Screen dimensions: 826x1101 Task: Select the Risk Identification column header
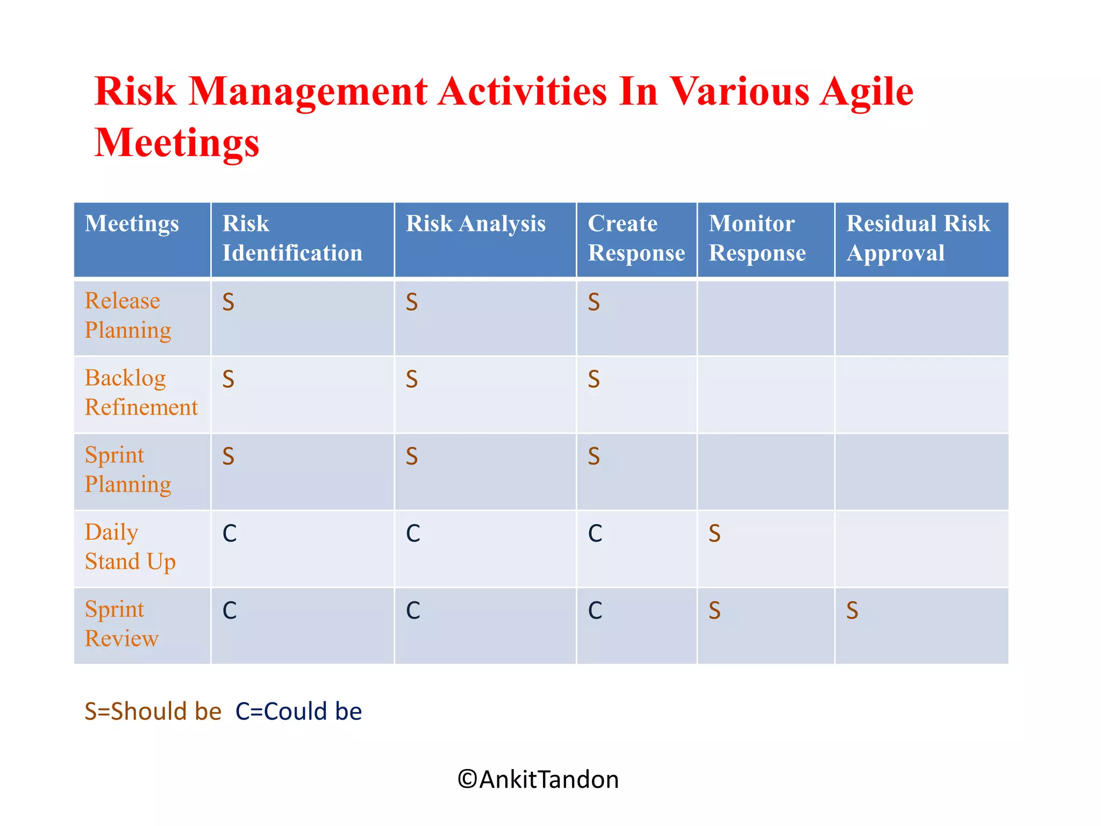tap(292, 238)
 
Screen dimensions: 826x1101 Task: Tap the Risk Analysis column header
tap(475, 224)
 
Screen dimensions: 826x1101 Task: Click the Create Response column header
tap(636, 238)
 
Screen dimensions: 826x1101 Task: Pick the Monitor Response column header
tap(757, 238)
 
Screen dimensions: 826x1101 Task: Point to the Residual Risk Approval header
tap(918, 238)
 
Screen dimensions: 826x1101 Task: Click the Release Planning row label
tap(128, 316)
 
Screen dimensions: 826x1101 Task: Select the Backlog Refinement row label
tap(141, 393)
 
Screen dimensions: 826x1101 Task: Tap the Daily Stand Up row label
tap(130, 547)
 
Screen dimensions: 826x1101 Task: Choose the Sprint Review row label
tap(121, 624)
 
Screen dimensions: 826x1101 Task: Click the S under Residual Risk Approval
tap(852, 611)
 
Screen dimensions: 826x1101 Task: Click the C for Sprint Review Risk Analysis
tap(413, 611)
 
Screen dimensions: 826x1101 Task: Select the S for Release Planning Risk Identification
tap(228, 303)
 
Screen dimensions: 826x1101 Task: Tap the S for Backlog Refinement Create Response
tap(594, 380)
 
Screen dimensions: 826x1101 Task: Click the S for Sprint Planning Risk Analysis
tap(412, 457)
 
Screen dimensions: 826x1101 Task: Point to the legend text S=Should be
tap(153, 711)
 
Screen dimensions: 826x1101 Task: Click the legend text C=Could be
tap(299, 711)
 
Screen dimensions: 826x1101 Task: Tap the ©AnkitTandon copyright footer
tap(538, 780)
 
